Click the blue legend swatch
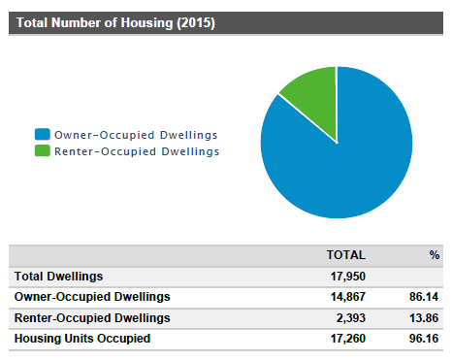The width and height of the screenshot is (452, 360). pos(42,134)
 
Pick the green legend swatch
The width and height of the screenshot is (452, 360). pos(42,151)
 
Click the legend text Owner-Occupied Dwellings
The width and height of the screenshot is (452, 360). pos(135,134)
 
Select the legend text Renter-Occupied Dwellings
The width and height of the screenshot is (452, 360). pos(137,151)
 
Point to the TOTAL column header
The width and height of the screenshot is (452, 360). pos(345,255)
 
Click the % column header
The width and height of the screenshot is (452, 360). pos(435,255)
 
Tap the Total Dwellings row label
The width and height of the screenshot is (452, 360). pos(58,277)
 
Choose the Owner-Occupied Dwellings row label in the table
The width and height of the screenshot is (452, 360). pos(92,297)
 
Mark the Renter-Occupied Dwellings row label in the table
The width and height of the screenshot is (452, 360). pos(92,317)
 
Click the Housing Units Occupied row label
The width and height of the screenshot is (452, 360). pos(82,338)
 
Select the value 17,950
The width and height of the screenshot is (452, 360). pos(345,277)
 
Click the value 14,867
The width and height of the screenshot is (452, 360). pos(345,297)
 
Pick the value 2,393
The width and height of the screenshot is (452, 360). pos(348,317)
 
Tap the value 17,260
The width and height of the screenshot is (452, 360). pos(345,338)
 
